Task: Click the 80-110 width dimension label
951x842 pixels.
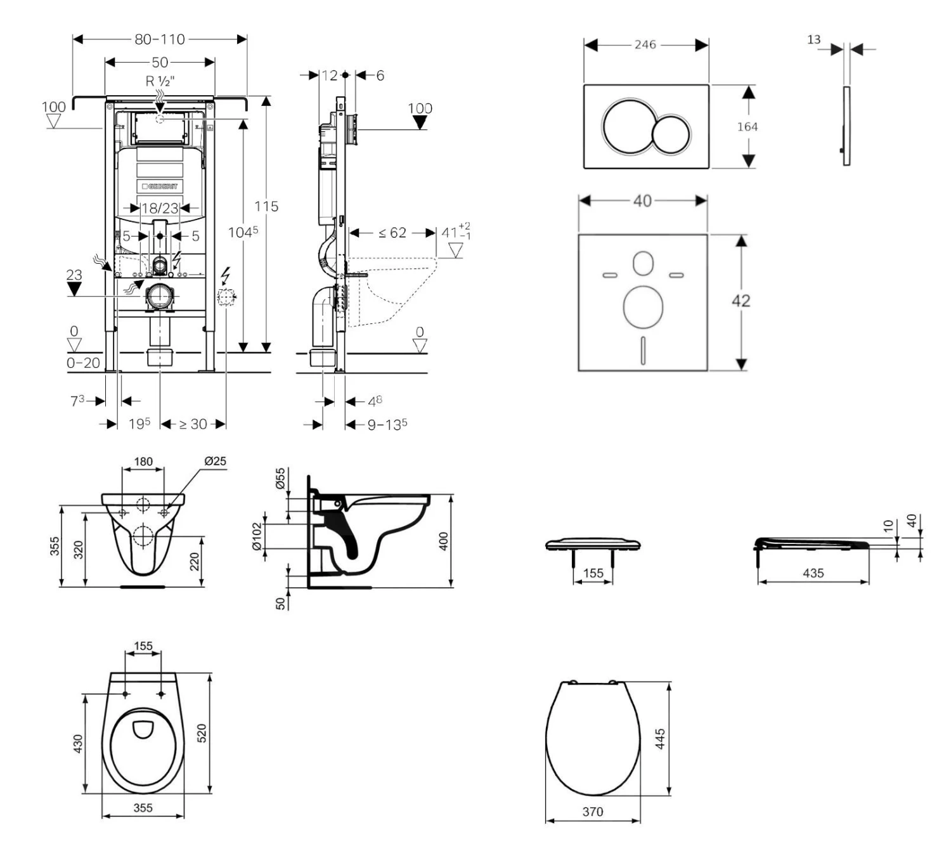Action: click(x=160, y=39)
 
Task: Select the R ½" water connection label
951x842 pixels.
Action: click(x=160, y=81)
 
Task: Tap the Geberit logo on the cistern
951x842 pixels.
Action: click(x=160, y=186)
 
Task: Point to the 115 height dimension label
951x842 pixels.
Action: click(x=266, y=206)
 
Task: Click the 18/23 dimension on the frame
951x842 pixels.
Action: click(x=160, y=208)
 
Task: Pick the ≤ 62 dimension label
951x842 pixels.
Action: click(x=392, y=233)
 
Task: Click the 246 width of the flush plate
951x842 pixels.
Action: click(x=645, y=45)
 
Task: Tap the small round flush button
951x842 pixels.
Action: click(x=671, y=134)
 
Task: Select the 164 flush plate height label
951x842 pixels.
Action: click(x=747, y=127)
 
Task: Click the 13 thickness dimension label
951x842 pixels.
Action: click(x=813, y=40)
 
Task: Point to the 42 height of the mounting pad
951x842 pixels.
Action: click(x=741, y=301)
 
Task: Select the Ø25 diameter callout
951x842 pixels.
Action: click(x=215, y=461)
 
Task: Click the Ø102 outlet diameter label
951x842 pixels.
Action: click(x=257, y=537)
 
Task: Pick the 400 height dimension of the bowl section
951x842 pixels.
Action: click(x=444, y=541)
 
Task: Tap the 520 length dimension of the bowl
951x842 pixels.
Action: click(x=202, y=734)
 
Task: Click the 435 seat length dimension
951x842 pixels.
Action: click(x=813, y=573)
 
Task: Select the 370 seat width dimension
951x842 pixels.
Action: click(x=593, y=812)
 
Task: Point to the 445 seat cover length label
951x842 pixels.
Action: click(x=660, y=739)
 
